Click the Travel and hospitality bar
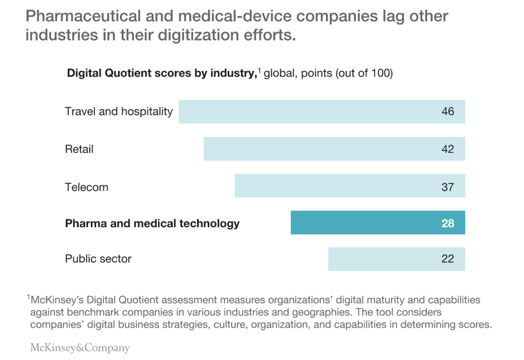click(321, 111)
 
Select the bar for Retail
click(334, 149)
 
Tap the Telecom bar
click(350, 187)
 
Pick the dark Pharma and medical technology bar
click(378, 223)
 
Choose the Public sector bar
click(396, 259)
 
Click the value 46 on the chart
click(448, 111)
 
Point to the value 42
click(448, 149)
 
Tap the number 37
click(448, 187)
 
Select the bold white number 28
click(448, 223)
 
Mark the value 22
click(448, 259)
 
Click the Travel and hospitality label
click(119, 111)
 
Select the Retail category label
click(79, 149)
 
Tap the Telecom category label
click(86, 187)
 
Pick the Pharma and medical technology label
click(152, 223)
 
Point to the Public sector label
click(98, 259)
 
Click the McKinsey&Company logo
click(80, 348)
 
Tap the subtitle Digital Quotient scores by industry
click(161, 74)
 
